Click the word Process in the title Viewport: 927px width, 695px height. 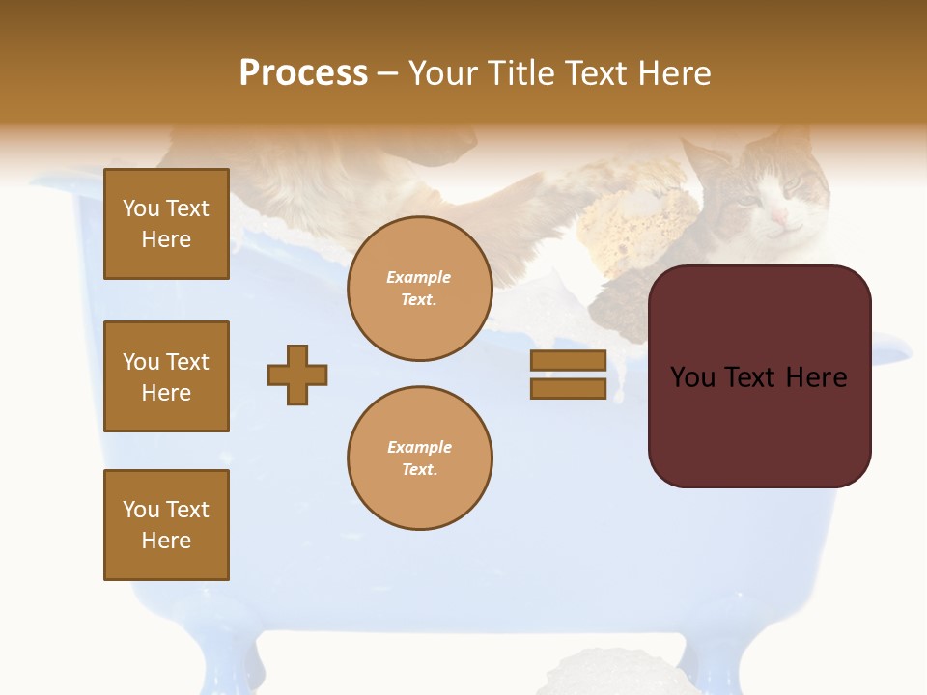click(303, 73)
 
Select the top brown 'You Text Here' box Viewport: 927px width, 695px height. click(166, 224)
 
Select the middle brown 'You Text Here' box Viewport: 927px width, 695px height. click(166, 376)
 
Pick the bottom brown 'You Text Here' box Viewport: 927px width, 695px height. click(166, 525)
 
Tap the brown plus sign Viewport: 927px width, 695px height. click(297, 375)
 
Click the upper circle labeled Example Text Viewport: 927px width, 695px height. click(419, 289)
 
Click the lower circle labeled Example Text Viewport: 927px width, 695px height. click(419, 459)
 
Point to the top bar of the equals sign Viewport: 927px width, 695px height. click(568, 360)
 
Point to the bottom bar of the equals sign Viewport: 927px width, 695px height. click(568, 388)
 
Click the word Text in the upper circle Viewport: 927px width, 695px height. click(418, 299)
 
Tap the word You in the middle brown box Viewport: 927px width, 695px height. click(140, 362)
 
